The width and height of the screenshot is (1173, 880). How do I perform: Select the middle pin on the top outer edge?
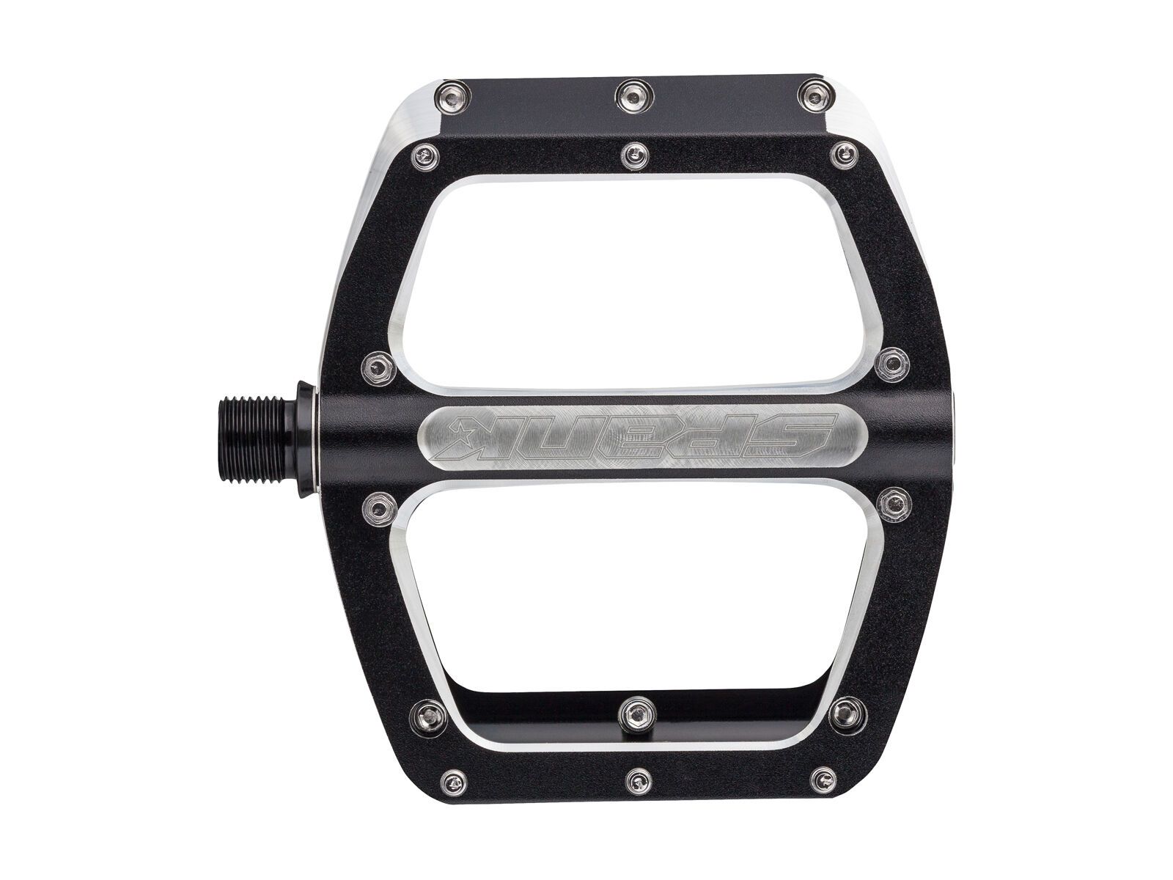pos(630,93)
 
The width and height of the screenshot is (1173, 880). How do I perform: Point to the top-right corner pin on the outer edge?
pos(812,93)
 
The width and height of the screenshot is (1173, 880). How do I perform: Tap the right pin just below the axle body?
pos(890,501)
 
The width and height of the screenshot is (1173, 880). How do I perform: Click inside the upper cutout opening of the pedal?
pos(630,279)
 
